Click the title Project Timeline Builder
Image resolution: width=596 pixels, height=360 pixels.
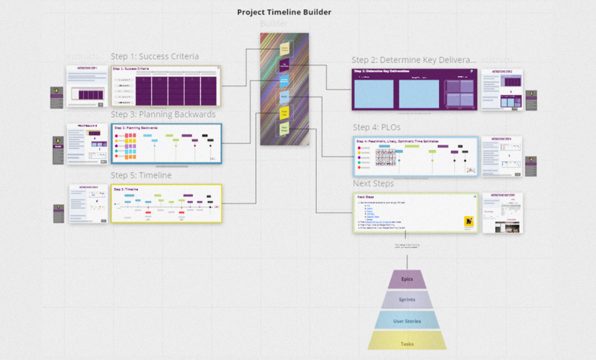click(x=284, y=12)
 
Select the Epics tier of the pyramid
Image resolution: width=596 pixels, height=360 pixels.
click(x=407, y=279)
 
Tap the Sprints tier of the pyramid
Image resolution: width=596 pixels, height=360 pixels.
click(x=407, y=299)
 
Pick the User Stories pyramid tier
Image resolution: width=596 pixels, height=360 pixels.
click(x=407, y=321)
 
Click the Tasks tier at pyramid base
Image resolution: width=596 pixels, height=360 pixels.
click(x=407, y=343)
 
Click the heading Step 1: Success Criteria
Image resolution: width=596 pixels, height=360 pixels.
click(x=155, y=56)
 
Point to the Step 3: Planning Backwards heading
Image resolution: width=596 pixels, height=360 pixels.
click(x=163, y=114)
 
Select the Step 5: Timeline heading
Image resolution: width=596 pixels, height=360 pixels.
click(x=141, y=175)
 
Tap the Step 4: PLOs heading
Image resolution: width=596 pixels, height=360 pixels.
click(x=377, y=127)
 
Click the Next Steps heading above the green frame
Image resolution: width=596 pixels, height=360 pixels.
click(x=373, y=184)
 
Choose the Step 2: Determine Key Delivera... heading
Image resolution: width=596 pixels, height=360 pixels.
click(x=414, y=60)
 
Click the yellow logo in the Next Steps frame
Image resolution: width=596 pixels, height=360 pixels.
click(x=469, y=221)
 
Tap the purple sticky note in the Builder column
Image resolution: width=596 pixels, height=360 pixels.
click(x=284, y=65)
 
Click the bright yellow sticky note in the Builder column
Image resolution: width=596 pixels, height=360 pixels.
click(x=284, y=113)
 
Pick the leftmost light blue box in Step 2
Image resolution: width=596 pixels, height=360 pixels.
click(x=374, y=94)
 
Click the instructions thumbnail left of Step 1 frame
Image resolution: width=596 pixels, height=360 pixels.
click(x=87, y=86)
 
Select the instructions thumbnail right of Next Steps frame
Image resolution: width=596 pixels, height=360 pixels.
click(x=502, y=213)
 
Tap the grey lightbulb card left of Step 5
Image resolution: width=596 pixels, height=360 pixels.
click(x=59, y=214)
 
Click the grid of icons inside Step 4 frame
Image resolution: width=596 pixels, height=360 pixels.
click(x=386, y=157)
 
